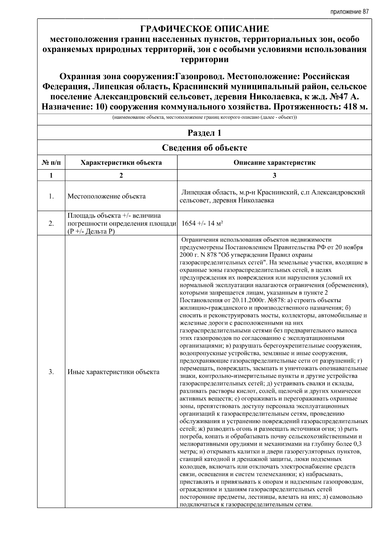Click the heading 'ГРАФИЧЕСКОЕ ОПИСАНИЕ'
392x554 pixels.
tap(204, 29)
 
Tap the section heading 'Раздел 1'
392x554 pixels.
tap(204, 133)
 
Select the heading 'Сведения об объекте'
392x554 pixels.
tap(204, 148)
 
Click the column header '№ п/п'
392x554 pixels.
tap(51, 162)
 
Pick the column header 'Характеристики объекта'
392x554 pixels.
tap(121, 162)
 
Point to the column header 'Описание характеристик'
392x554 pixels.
tap(274, 162)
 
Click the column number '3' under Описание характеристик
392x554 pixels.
tap(274, 175)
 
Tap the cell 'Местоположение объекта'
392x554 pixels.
tap(106, 196)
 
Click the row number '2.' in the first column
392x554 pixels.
tap(51, 223)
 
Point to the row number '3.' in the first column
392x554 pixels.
tap(51, 372)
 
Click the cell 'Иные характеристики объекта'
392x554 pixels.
tap(113, 372)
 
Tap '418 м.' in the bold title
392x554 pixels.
tap(354, 107)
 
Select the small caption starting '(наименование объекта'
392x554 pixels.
tap(204, 117)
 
